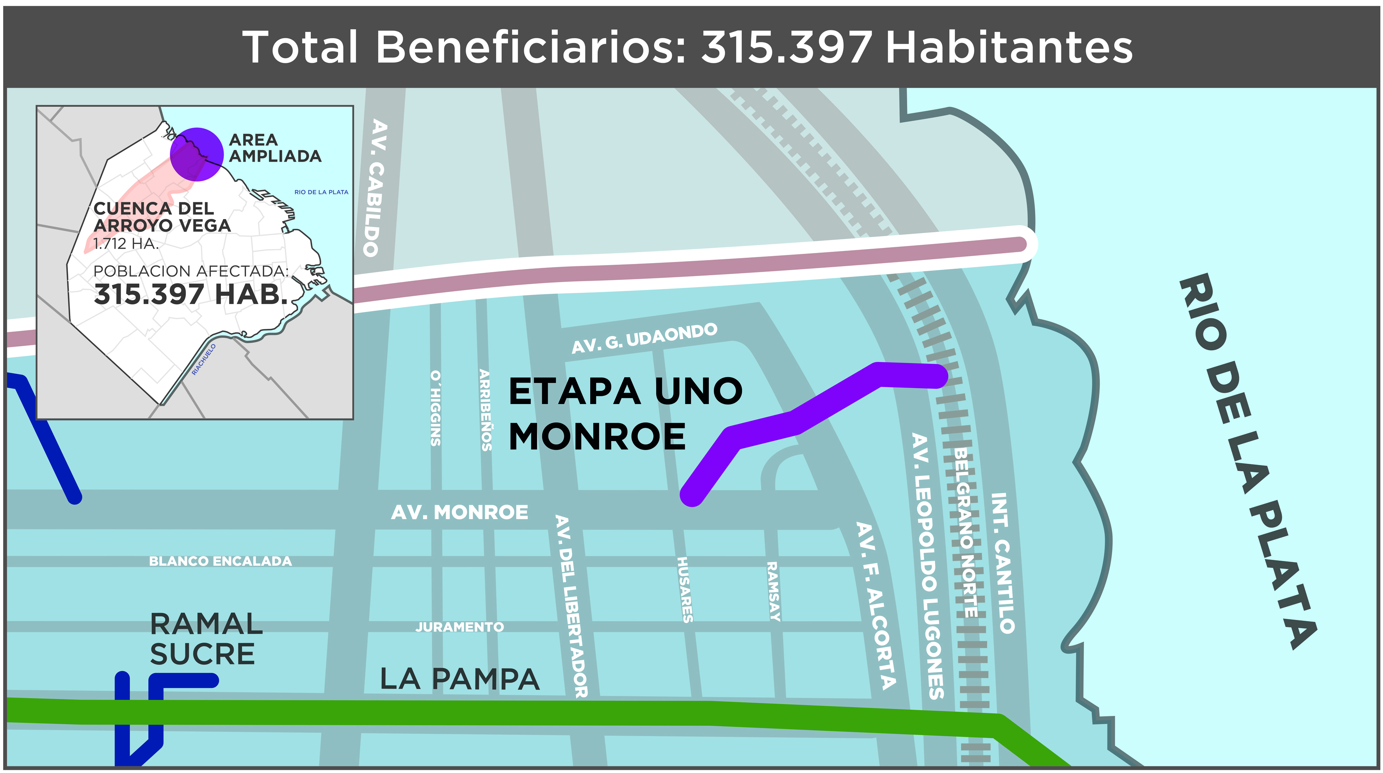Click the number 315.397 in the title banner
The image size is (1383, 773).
(x=786, y=47)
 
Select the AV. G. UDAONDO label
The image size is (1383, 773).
(x=644, y=338)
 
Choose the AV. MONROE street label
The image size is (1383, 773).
(x=459, y=512)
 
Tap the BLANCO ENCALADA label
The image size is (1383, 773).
(x=220, y=561)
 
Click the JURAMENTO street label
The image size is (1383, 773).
(x=459, y=627)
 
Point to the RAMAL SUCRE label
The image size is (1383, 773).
(x=206, y=639)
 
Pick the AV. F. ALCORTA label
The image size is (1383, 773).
(x=876, y=605)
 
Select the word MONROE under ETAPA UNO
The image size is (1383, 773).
(x=597, y=436)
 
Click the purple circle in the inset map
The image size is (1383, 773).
(x=196, y=155)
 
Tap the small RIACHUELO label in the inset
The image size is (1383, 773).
(x=204, y=359)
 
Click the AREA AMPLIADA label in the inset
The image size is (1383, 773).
(x=274, y=148)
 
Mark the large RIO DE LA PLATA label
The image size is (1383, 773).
(x=1246, y=461)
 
